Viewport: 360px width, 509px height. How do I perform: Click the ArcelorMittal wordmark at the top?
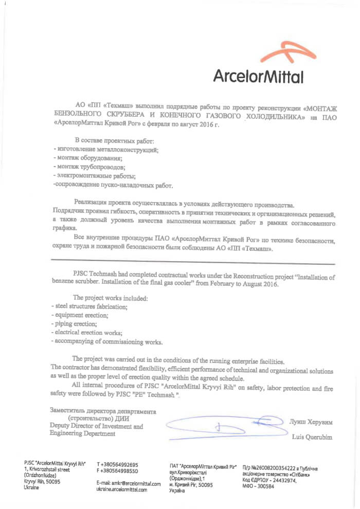tap(258, 76)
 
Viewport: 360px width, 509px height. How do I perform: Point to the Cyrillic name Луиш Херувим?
tap(311, 422)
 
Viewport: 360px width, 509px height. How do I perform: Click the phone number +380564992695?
tap(117, 464)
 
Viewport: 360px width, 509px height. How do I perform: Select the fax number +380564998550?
tap(117, 470)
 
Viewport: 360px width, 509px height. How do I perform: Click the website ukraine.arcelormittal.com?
tap(122, 490)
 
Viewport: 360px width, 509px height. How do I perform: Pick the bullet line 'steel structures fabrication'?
tap(89, 306)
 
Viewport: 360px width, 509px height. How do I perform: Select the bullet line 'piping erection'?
tap(75, 324)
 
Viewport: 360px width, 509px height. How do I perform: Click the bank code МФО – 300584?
tap(262, 486)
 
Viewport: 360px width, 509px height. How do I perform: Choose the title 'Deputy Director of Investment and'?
tap(96, 426)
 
